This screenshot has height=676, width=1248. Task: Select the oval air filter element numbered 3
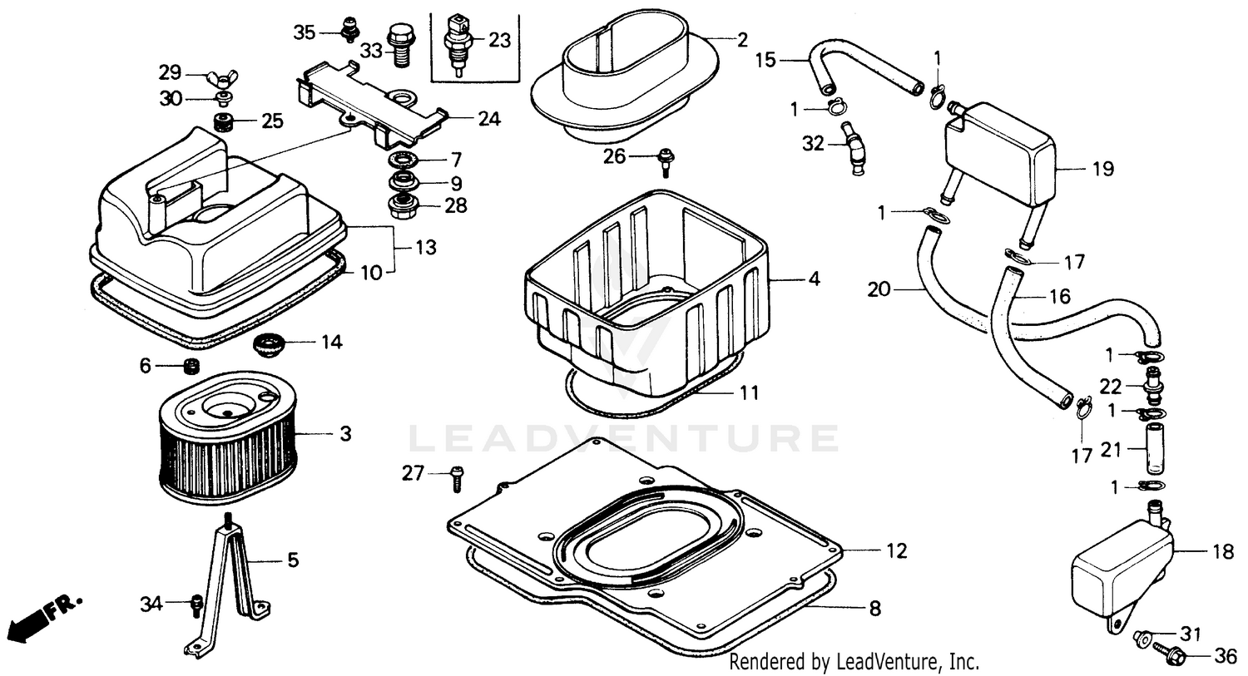pos(227,441)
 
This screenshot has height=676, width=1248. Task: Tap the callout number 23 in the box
pos(499,40)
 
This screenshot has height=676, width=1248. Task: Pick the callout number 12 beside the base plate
pos(896,550)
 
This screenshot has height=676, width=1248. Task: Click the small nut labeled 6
pos(191,366)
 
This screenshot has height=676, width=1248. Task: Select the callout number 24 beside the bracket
pos(489,119)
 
